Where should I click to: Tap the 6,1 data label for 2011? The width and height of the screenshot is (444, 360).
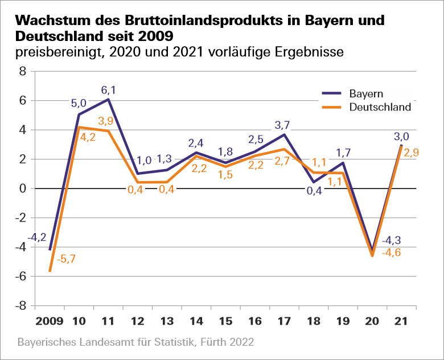tap(109, 89)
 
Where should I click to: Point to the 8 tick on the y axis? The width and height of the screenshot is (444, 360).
tap(23, 71)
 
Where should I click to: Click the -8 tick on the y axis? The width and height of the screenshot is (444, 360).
tap(22, 306)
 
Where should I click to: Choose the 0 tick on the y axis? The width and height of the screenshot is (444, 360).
tap(23, 189)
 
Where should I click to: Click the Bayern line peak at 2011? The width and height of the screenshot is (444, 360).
tap(108, 99)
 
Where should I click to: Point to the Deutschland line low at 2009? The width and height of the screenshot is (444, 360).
tap(50, 271)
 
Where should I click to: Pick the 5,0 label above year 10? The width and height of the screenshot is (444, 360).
tap(79, 103)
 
